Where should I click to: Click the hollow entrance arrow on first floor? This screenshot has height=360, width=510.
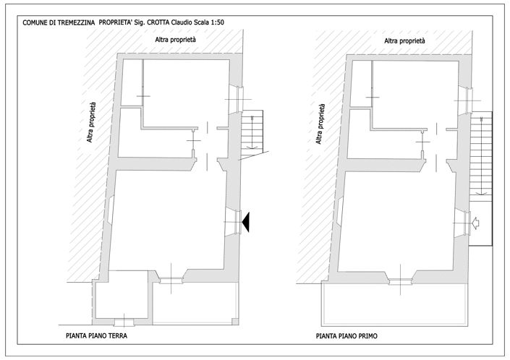click(475, 223)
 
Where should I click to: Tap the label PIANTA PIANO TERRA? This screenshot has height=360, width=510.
click(97, 335)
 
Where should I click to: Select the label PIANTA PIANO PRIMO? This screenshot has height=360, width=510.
click(347, 336)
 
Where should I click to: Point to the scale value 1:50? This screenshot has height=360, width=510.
click(216, 22)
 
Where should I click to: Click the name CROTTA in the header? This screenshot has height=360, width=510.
click(158, 22)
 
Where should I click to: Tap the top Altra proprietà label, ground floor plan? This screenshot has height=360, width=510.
click(175, 40)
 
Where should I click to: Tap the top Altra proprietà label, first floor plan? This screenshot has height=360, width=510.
click(404, 40)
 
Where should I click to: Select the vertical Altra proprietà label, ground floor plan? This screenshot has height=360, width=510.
click(91, 122)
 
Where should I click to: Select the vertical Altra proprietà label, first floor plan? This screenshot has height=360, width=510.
click(320, 124)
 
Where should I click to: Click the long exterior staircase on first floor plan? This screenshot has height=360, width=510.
click(481, 156)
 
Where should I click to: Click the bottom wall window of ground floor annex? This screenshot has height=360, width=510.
click(124, 322)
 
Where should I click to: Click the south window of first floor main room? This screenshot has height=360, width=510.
click(400, 281)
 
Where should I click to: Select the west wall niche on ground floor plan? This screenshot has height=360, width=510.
click(111, 209)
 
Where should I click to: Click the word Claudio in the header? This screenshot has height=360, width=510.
click(182, 22)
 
